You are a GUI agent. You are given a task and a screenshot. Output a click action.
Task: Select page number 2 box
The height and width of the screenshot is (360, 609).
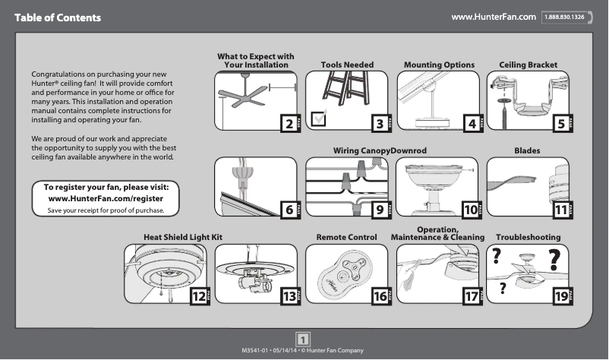tap(289, 124)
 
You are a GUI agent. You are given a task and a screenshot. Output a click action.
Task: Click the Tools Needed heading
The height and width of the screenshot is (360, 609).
tap(347, 65)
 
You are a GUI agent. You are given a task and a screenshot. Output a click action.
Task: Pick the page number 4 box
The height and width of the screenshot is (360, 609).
tap(472, 124)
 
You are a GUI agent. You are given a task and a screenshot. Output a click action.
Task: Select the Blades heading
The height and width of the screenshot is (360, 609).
tap(527, 151)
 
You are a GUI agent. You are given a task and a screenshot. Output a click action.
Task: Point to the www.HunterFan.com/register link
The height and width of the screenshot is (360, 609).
tap(112, 198)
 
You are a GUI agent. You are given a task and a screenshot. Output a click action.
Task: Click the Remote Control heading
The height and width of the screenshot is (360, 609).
tap(346, 238)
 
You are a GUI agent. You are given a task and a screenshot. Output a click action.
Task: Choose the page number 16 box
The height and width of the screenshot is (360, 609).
tap(379, 297)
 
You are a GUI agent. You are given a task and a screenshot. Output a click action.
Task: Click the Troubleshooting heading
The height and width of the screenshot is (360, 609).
tap(528, 238)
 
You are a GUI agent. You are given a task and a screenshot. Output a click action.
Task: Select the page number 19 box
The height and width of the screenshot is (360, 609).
tap(561, 297)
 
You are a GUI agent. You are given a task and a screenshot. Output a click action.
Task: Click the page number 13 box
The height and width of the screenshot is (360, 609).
tap(288, 297)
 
